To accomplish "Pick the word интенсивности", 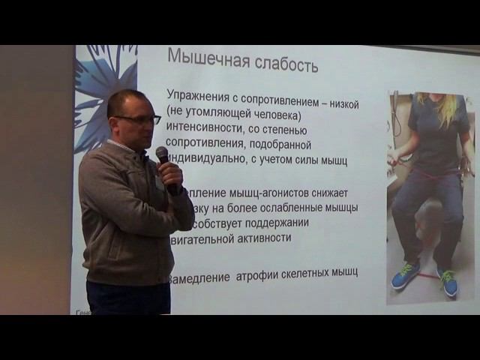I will [x=207, y=128].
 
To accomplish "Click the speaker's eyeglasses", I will [x=139, y=119].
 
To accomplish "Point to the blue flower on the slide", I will [x=105, y=82].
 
